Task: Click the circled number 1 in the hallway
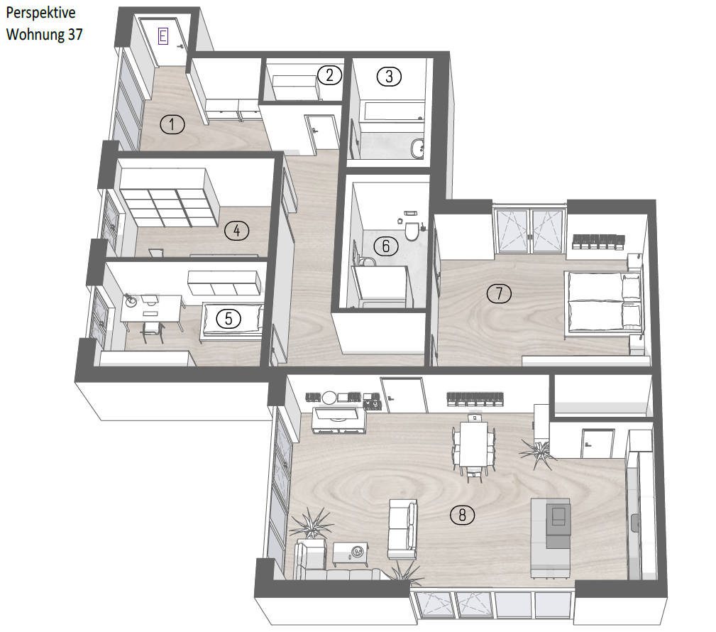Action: (x=172, y=124)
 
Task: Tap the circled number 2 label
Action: (x=329, y=75)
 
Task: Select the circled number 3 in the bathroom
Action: (x=389, y=76)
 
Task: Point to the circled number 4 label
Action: (x=236, y=231)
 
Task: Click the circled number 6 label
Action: (x=386, y=246)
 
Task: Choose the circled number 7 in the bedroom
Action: (x=499, y=293)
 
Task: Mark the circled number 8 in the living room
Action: (x=462, y=516)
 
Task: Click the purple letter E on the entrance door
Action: (x=163, y=36)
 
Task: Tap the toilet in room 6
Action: (x=412, y=231)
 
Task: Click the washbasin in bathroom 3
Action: (x=417, y=148)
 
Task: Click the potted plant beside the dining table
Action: (x=539, y=452)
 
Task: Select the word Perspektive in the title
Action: (x=40, y=13)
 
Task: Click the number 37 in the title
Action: (x=75, y=34)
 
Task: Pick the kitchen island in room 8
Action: (x=550, y=538)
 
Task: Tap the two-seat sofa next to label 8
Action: (x=402, y=529)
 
